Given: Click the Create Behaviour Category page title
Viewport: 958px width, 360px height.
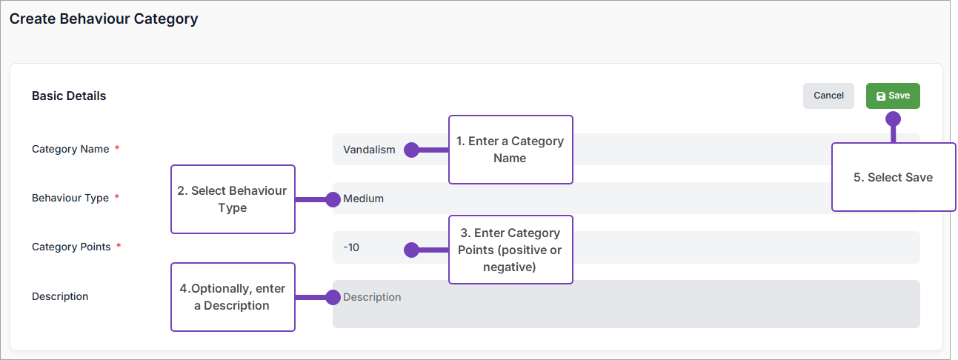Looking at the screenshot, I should [x=104, y=19].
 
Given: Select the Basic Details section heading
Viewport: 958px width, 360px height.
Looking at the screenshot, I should [x=69, y=96].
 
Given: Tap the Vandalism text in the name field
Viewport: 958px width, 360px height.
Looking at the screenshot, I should [x=369, y=150].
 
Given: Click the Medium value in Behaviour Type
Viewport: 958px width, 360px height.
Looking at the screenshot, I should [x=364, y=199].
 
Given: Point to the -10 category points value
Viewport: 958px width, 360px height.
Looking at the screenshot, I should [x=351, y=247].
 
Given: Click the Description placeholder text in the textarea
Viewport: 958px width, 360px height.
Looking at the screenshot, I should [x=372, y=297].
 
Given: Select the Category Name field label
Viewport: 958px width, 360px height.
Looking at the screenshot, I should [x=70, y=149].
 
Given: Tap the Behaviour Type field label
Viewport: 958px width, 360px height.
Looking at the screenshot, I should [x=70, y=198].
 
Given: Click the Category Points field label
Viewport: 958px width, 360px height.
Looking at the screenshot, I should [x=71, y=247].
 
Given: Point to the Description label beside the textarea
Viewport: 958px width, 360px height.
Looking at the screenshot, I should [x=60, y=296].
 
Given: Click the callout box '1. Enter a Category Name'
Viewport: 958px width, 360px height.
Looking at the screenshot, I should [x=511, y=150].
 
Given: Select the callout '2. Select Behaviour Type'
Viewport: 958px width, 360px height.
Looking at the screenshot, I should [x=233, y=199].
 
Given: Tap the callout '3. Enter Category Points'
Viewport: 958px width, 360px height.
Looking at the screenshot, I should [x=511, y=250].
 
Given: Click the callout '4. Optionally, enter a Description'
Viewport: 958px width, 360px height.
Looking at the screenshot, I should [x=233, y=297].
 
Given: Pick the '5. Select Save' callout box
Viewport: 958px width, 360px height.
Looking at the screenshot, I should [x=893, y=177].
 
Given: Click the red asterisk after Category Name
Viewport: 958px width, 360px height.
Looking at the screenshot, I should [x=117, y=149].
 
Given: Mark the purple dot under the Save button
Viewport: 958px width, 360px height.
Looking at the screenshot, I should [x=893, y=119].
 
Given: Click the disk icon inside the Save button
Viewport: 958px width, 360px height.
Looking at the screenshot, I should [x=881, y=96].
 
